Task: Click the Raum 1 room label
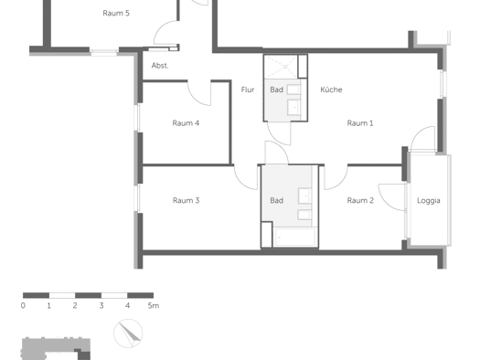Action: tap(360, 123)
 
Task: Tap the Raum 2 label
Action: tap(360, 201)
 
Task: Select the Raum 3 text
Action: tap(186, 201)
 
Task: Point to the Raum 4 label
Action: tap(186, 123)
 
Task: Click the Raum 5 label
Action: tap(116, 13)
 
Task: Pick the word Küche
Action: tap(331, 90)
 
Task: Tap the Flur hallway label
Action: tap(248, 90)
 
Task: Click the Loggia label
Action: tap(429, 201)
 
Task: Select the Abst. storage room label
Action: tap(160, 66)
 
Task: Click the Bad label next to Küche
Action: tap(276, 90)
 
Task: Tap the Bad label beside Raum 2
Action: tap(276, 201)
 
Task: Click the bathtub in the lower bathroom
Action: tap(295, 237)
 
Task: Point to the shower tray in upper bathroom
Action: tap(281, 67)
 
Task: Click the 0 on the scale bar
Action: tap(23, 305)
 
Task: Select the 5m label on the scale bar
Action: tap(154, 305)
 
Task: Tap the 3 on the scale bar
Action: tap(101, 305)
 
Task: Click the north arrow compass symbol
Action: tap(128, 334)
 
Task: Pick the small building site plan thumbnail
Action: tap(56, 349)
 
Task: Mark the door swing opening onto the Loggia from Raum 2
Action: tap(385, 202)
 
